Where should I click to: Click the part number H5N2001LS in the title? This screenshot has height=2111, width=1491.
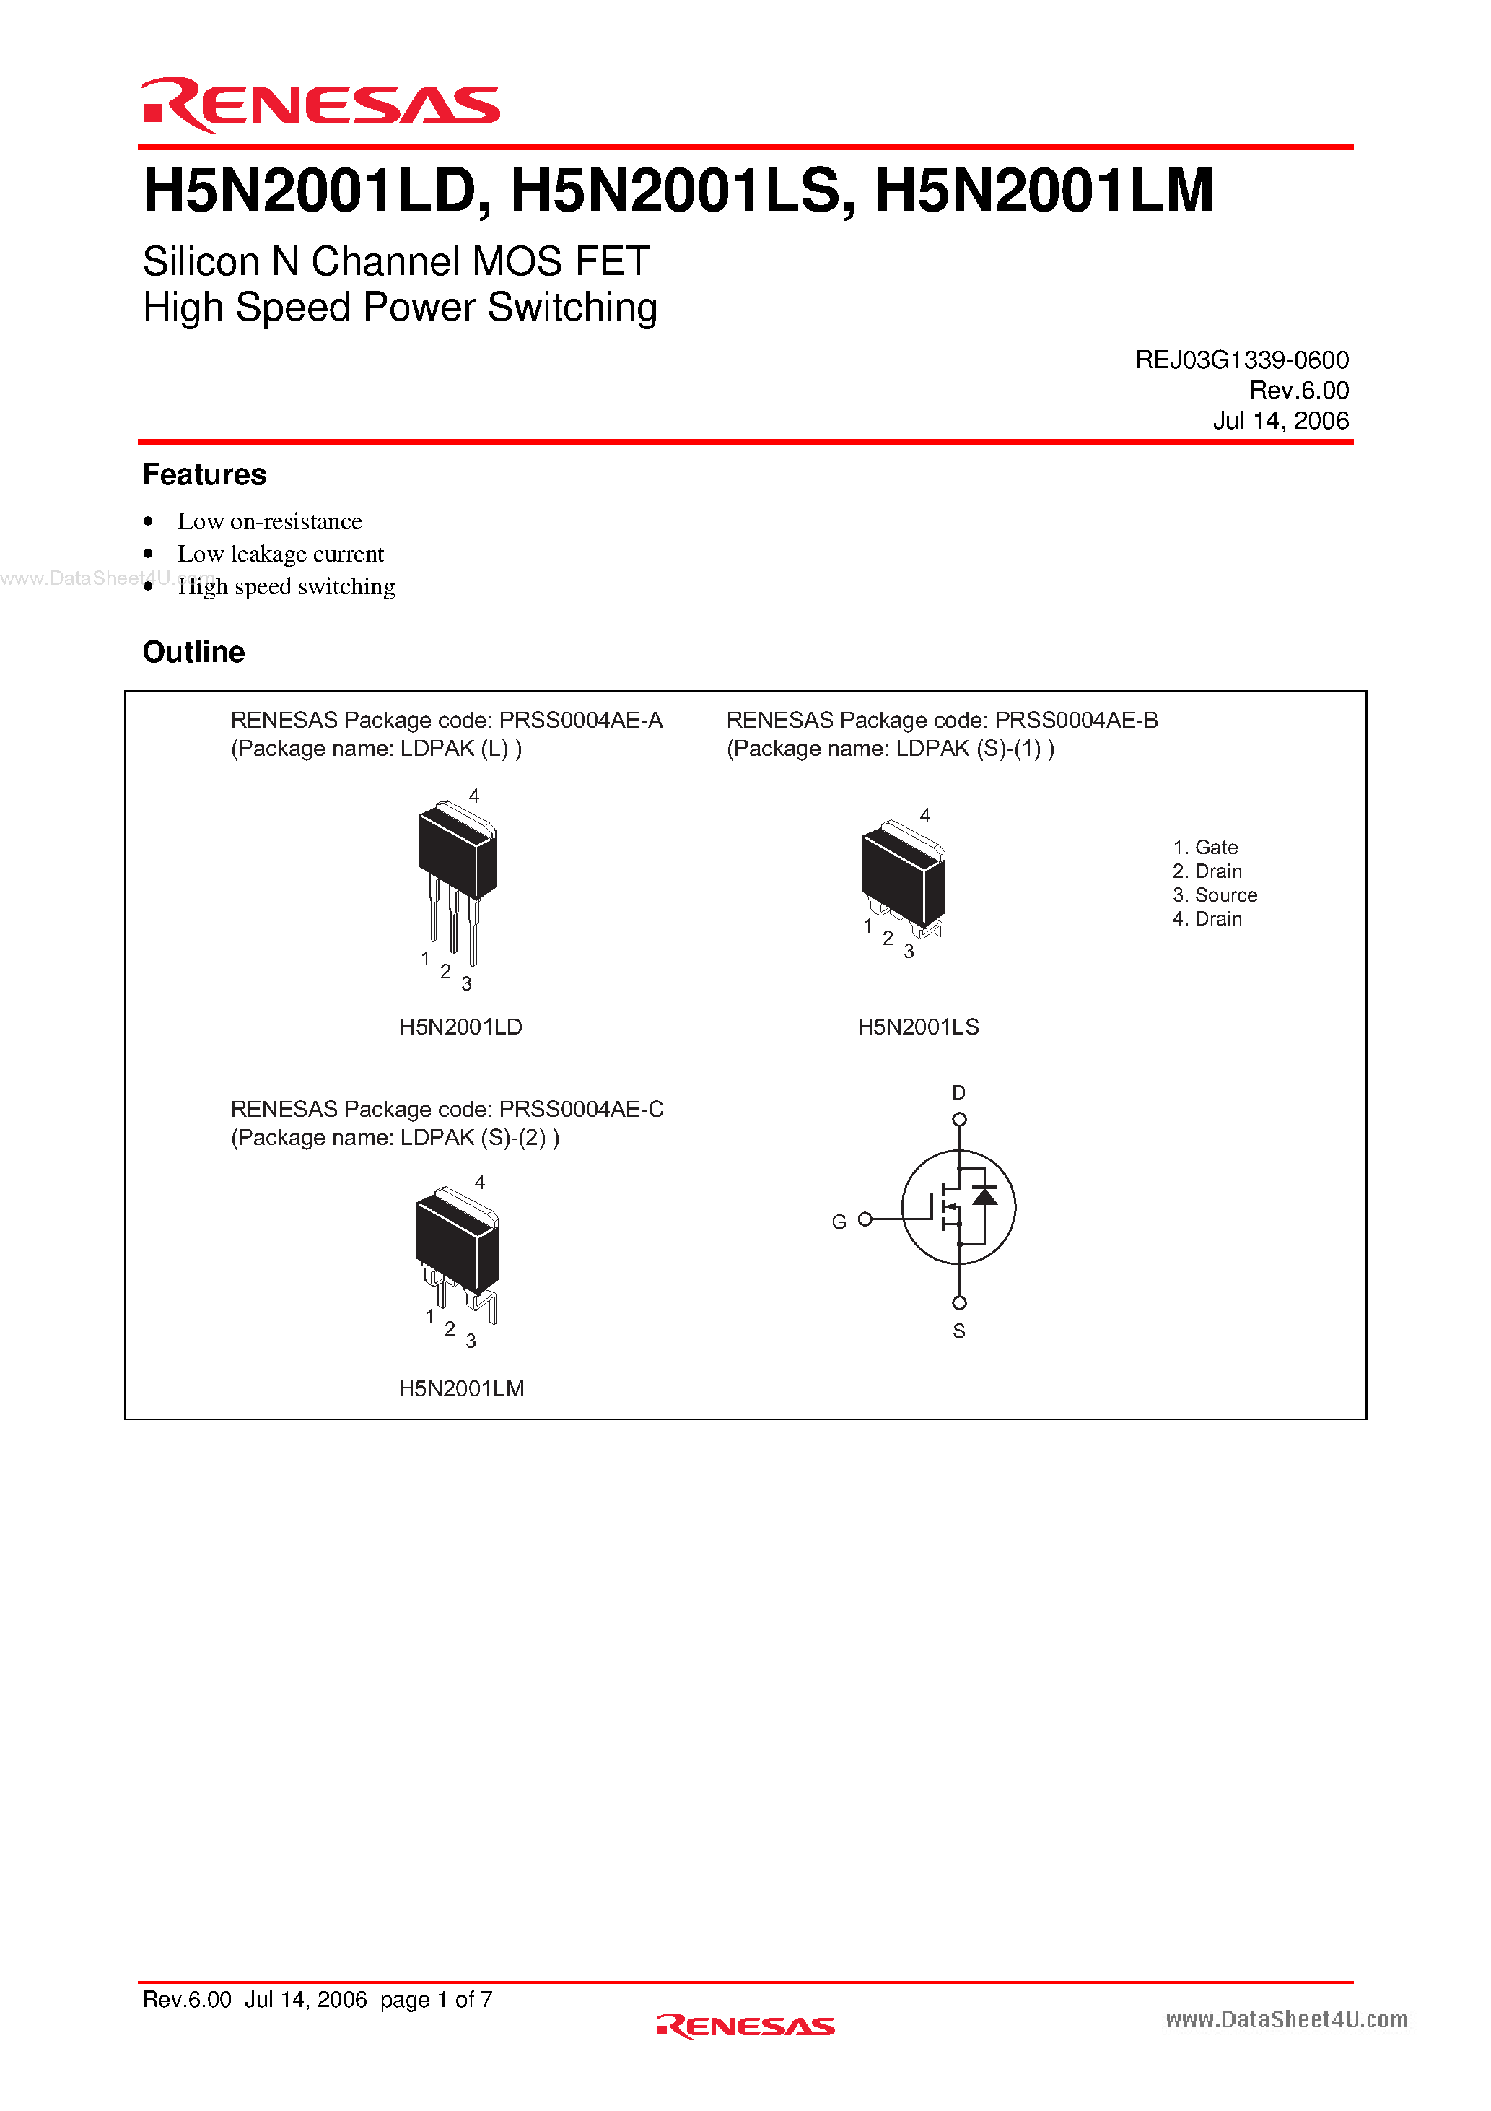click(675, 191)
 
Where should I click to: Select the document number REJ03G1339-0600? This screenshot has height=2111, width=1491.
click(1241, 360)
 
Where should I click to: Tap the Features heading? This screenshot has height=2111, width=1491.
click(204, 474)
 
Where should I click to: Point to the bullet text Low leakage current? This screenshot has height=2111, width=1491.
click(280, 554)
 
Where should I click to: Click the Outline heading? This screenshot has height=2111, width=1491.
click(193, 652)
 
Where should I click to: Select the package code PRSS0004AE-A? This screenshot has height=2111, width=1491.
click(580, 720)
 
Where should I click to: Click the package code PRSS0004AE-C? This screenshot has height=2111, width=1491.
click(581, 1109)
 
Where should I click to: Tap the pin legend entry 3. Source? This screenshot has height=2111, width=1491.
click(1215, 895)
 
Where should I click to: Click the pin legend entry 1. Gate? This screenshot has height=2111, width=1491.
click(1205, 847)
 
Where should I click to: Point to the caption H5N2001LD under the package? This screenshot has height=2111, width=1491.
click(460, 1027)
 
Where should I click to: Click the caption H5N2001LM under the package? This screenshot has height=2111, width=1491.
click(461, 1388)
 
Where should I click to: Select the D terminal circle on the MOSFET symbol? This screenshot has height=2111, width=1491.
click(959, 1119)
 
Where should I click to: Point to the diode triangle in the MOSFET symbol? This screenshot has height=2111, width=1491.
click(984, 1196)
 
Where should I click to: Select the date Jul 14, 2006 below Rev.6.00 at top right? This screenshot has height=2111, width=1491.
click(1280, 421)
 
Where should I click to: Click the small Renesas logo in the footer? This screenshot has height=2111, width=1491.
click(745, 2027)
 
